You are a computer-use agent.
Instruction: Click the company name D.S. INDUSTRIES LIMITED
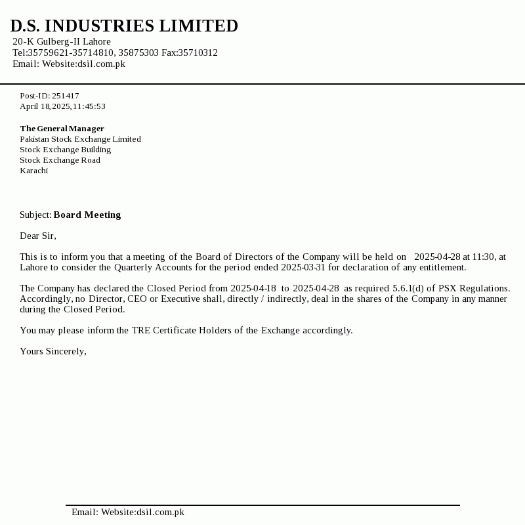(124, 26)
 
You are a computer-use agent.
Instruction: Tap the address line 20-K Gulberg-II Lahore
(62, 41)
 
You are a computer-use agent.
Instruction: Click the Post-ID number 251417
(66, 96)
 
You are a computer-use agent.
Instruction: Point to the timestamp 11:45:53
(89, 106)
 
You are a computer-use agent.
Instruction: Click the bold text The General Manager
(62, 129)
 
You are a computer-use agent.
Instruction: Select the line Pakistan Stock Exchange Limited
(80, 139)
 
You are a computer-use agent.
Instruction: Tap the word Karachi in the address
(33, 171)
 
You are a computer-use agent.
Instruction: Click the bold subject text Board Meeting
(87, 215)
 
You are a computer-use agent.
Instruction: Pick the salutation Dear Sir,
(38, 236)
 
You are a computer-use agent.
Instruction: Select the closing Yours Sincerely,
(53, 351)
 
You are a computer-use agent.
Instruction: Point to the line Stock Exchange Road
(60, 160)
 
